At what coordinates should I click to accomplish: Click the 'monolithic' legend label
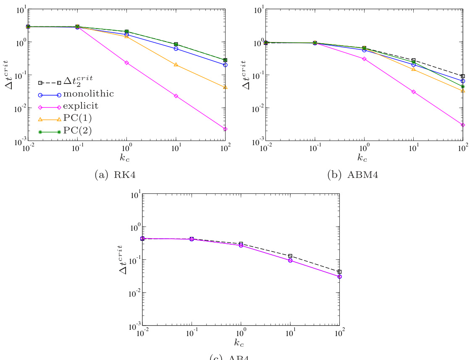point(88,94)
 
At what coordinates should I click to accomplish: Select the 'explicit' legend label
point(81,107)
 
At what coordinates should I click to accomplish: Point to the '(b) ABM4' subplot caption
point(352,175)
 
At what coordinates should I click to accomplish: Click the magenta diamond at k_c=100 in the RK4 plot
point(226,129)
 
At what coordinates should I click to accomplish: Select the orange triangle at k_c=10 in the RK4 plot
point(176,64)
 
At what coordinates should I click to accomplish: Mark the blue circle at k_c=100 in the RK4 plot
point(226,65)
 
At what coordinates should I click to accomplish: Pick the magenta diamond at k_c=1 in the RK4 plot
point(127,63)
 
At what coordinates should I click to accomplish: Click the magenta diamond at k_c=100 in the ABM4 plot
point(463,125)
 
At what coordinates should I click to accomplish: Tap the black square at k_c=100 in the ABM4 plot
point(463,76)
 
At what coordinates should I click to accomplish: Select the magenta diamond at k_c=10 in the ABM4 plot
point(414,92)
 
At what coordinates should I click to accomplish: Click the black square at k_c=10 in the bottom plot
point(290,256)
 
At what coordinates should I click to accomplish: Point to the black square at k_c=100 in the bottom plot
point(339,272)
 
